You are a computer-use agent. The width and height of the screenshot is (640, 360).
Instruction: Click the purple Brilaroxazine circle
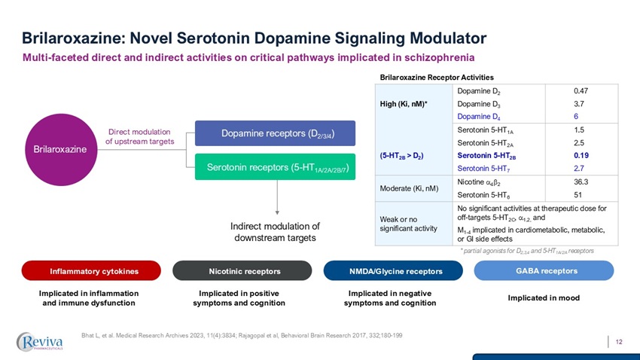click(x=59, y=149)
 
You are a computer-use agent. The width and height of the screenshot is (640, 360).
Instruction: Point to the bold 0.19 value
click(x=581, y=156)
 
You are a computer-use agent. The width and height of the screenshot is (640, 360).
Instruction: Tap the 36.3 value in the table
click(x=581, y=182)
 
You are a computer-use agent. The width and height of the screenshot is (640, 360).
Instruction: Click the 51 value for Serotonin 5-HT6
click(x=578, y=194)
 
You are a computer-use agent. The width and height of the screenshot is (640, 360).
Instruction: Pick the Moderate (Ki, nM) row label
click(x=410, y=188)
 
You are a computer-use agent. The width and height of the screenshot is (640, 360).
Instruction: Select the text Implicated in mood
click(x=543, y=297)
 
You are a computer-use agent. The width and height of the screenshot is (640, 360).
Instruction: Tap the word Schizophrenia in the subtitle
click(x=437, y=57)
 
